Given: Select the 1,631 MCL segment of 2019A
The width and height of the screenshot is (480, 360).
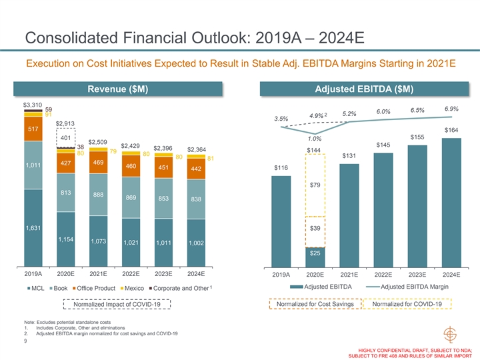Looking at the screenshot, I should click(33, 228).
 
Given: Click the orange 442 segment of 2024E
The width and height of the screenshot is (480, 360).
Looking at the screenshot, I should click(197, 169).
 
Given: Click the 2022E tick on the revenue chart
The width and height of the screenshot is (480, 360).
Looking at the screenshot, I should click(131, 273).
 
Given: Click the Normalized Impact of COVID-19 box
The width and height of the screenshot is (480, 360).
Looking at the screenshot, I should click(117, 304).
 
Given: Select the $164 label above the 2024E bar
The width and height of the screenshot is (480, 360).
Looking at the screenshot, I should click(451, 130).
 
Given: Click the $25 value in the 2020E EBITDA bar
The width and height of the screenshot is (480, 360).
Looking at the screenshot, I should click(315, 253).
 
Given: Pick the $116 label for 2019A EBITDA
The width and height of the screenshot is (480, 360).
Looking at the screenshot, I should click(281, 167).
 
